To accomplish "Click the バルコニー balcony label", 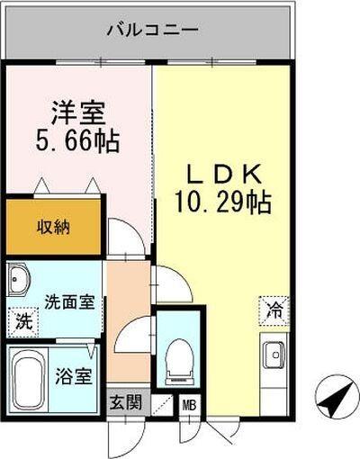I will (x=151, y=31).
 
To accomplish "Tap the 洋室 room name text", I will (x=78, y=115).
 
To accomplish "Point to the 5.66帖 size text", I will (x=78, y=142).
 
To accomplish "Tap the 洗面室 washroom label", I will (x=68, y=302).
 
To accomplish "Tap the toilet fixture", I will (x=179, y=359).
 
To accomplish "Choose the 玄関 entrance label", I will (x=127, y=402).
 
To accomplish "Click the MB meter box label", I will (x=190, y=405).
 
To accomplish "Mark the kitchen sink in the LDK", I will (x=274, y=356).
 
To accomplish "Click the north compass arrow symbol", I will (x=335, y=395).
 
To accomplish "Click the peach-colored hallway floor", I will (x=126, y=297).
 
